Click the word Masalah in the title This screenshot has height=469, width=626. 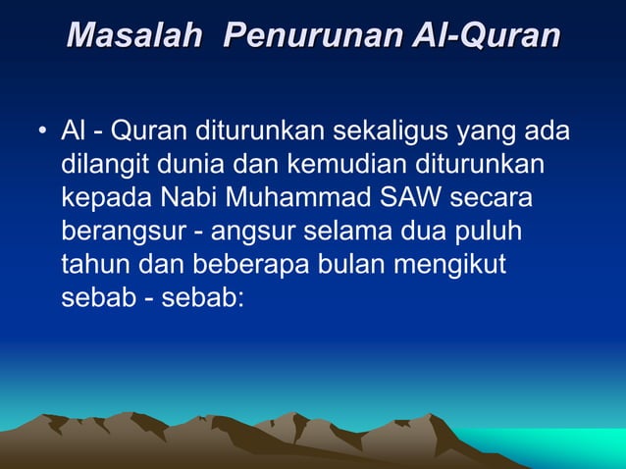(135, 36)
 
